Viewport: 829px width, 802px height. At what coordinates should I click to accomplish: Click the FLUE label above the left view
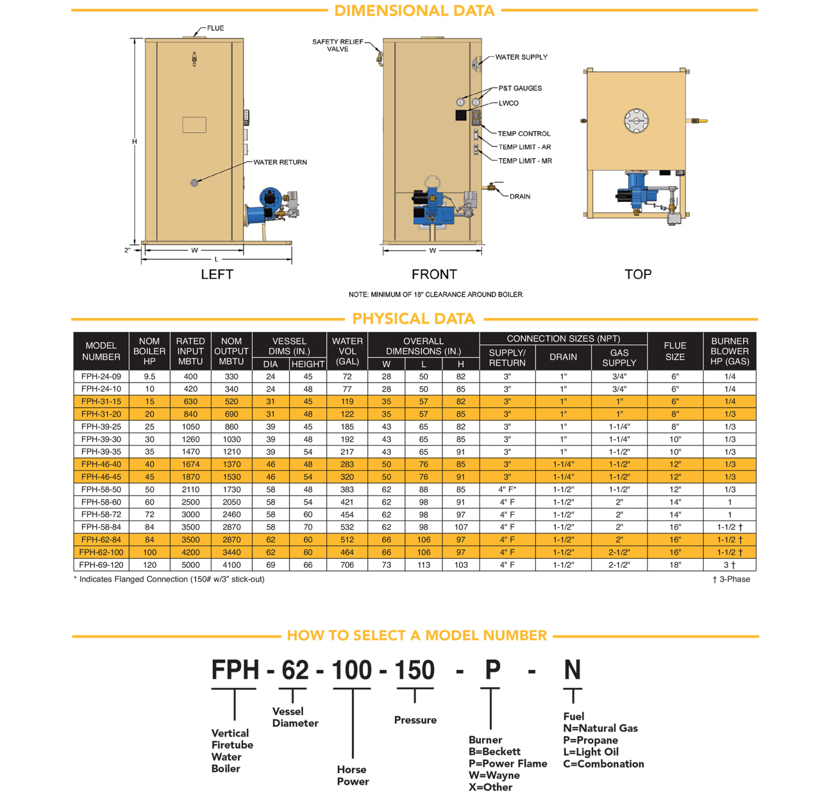point(215,29)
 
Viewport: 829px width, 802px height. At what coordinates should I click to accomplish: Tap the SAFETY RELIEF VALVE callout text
point(338,45)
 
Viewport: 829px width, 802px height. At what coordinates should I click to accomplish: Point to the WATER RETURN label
point(280,162)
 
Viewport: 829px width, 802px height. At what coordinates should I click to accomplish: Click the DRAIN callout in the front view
point(520,196)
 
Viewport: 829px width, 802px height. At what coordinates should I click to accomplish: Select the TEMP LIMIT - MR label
point(525,161)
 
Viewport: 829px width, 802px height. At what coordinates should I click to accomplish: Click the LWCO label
point(508,103)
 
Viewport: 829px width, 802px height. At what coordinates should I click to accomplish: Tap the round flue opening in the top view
point(636,121)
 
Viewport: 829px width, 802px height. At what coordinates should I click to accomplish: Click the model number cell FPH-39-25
point(101,427)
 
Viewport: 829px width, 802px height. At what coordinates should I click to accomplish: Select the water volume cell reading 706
point(347,565)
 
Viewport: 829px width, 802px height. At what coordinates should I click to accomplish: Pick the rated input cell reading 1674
point(191,464)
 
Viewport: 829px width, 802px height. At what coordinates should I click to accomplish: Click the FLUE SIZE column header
point(675,351)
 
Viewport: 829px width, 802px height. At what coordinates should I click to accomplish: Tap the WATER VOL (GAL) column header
point(347,351)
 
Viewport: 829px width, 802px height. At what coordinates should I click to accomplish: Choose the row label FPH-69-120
point(101,565)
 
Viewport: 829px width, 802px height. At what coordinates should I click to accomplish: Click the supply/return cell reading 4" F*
point(507,489)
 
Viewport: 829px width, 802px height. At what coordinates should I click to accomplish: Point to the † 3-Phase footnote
point(731,579)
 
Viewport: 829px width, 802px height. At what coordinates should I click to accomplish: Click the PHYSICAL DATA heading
point(413,319)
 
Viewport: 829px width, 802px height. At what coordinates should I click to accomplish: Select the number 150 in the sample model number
point(414,670)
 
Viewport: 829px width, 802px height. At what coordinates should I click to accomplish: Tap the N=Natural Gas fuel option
point(600,728)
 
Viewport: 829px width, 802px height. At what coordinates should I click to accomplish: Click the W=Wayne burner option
point(494,775)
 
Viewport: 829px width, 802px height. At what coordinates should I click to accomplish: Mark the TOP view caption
point(638,275)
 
